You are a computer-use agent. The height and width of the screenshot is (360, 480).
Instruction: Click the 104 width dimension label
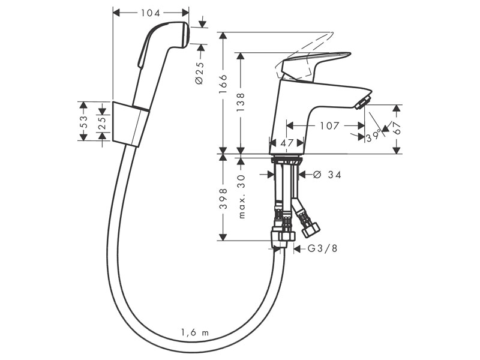tap(151, 13)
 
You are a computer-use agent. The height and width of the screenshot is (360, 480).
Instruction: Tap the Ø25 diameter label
tap(199, 73)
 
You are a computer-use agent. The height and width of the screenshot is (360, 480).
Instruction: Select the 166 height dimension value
tap(223, 84)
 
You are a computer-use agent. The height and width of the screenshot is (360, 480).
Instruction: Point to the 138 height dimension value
tap(241, 102)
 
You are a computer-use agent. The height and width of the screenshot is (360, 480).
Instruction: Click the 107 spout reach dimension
tap(329, 125)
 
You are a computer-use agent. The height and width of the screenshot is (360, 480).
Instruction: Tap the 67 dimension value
tap(397, 128)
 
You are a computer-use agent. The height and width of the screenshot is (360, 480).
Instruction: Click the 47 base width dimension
tap(287, 143)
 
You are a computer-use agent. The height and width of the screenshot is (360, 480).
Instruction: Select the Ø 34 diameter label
tap(327, 175)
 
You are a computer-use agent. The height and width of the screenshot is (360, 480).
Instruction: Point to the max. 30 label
tap(242, 197)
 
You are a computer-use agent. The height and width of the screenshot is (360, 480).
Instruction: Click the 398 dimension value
tap(223, 199)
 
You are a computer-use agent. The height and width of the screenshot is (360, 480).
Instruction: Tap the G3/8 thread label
tap(322, 248)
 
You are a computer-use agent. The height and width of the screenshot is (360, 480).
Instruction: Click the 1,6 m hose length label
tap(194, 332)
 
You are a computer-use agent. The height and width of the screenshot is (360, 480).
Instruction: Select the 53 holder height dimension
tap(83, 122)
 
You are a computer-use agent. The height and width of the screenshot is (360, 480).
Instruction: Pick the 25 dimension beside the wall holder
tap(102, 122)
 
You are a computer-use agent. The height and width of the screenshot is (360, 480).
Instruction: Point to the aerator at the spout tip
tap(363, 102)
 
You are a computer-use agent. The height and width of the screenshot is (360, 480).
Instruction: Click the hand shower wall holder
tap(131, 124)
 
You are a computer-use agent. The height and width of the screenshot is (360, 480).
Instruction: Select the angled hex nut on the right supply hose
tap(310, 230)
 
